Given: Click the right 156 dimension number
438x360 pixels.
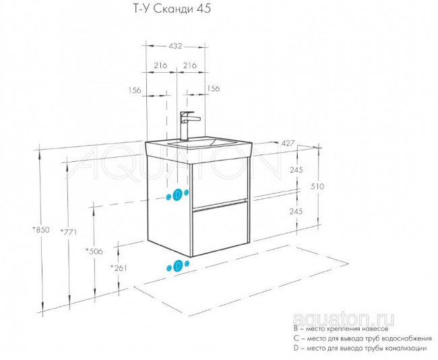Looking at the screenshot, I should point(213,88).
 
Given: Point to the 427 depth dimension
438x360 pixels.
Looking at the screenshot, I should point(288,143).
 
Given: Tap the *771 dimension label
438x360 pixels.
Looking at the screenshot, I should point(69,232).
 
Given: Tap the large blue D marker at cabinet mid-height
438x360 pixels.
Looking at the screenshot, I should point(177,196).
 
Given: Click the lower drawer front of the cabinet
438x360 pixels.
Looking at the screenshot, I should point(220,226).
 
